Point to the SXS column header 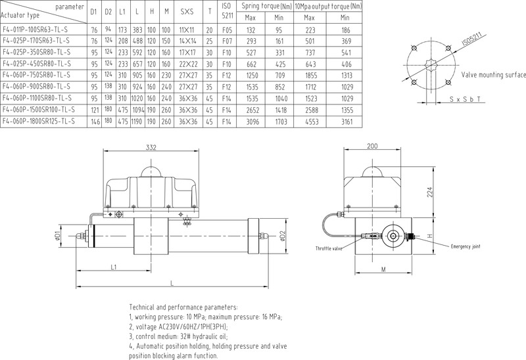coord(185,11)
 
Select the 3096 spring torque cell coord(250,122)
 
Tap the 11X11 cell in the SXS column coord(185,30)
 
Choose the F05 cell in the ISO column coord(227,30)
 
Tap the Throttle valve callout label coord(329,249)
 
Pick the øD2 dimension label coord(282,235)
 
